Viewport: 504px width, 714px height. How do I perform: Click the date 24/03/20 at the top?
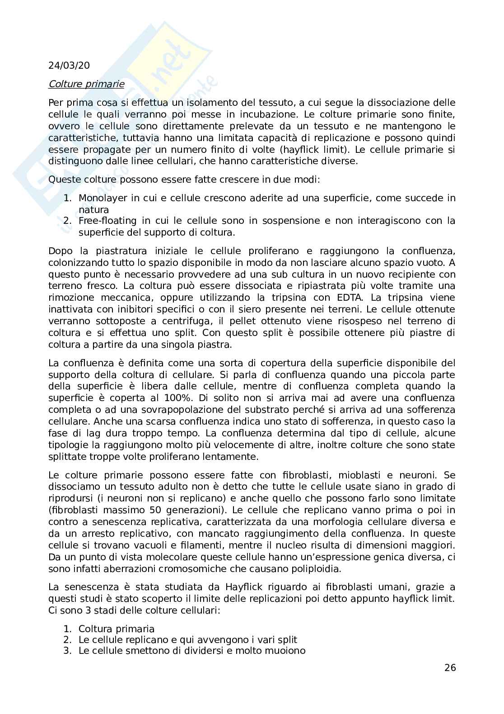[69, 66]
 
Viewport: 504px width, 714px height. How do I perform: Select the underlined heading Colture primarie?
[86, 84]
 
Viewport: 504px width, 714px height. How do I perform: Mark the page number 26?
[450, 667]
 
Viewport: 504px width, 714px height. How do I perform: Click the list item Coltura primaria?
[116, 629]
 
